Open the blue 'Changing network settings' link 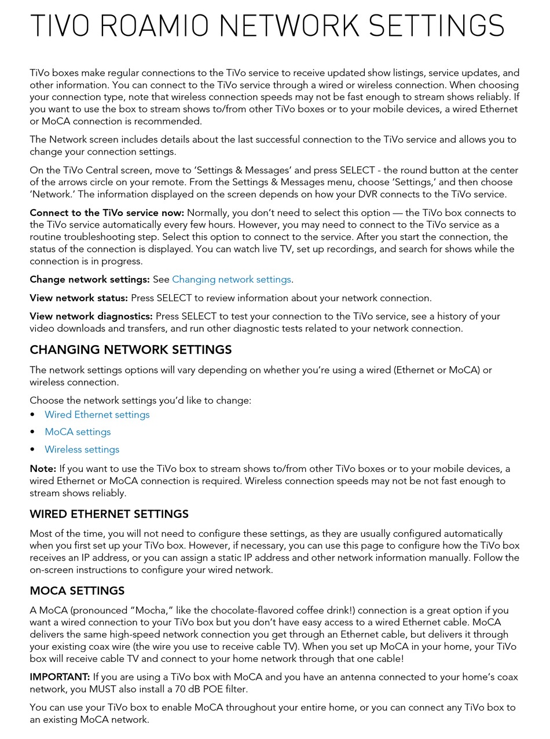[231, 279]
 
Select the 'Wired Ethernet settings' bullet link [97, 415]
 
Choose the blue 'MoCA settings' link [78, 432]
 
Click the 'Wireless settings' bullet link [82, 449]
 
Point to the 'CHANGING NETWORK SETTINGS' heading [130, 350]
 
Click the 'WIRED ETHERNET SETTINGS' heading [109, 514]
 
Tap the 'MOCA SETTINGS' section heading [77, 591]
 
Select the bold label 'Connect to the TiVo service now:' [107, 213]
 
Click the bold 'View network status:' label [78, 298]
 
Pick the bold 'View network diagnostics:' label [91, 316]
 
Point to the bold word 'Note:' [42, 469]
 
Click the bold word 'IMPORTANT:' [60, 677]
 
